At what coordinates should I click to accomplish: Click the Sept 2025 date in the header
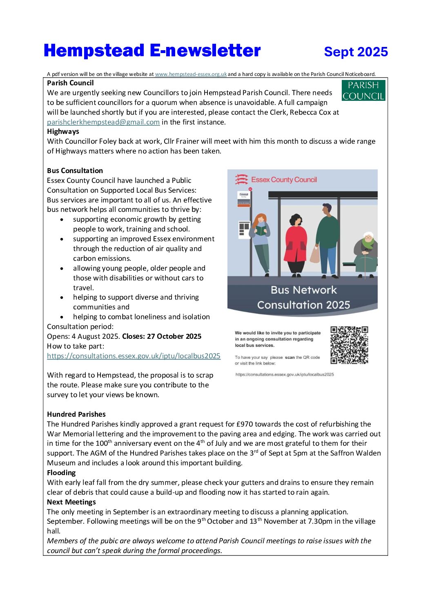tap(356, 52)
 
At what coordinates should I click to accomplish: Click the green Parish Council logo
tap(363, 91)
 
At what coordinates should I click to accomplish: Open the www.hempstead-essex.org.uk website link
tap(191, 74)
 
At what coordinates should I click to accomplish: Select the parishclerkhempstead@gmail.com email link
tap(103, 122)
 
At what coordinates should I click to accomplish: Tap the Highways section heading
tap(63, 131)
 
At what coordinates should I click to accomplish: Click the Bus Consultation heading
tap(75, 171)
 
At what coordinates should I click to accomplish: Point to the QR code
tap(349, 345)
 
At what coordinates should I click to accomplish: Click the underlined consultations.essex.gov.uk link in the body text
tap(134, 356)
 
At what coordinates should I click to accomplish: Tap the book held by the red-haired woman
tap(260, 231)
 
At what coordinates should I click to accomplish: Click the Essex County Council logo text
tap(284, 180)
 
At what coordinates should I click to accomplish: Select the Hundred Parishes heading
tap(76, 414)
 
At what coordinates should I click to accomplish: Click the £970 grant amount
tap(245, 424)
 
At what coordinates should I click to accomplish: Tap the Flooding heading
tap(61, 473)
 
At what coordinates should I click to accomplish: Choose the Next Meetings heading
tap(71, 502)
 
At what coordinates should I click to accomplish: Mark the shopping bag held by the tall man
tap(315, 255)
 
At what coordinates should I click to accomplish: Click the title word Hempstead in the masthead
tap(94, 51)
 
